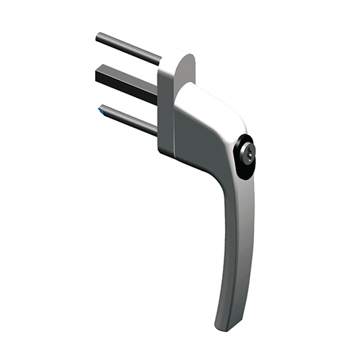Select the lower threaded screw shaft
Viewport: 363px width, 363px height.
(x=129, y=119)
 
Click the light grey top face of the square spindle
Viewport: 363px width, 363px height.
(x=123, y=70)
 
